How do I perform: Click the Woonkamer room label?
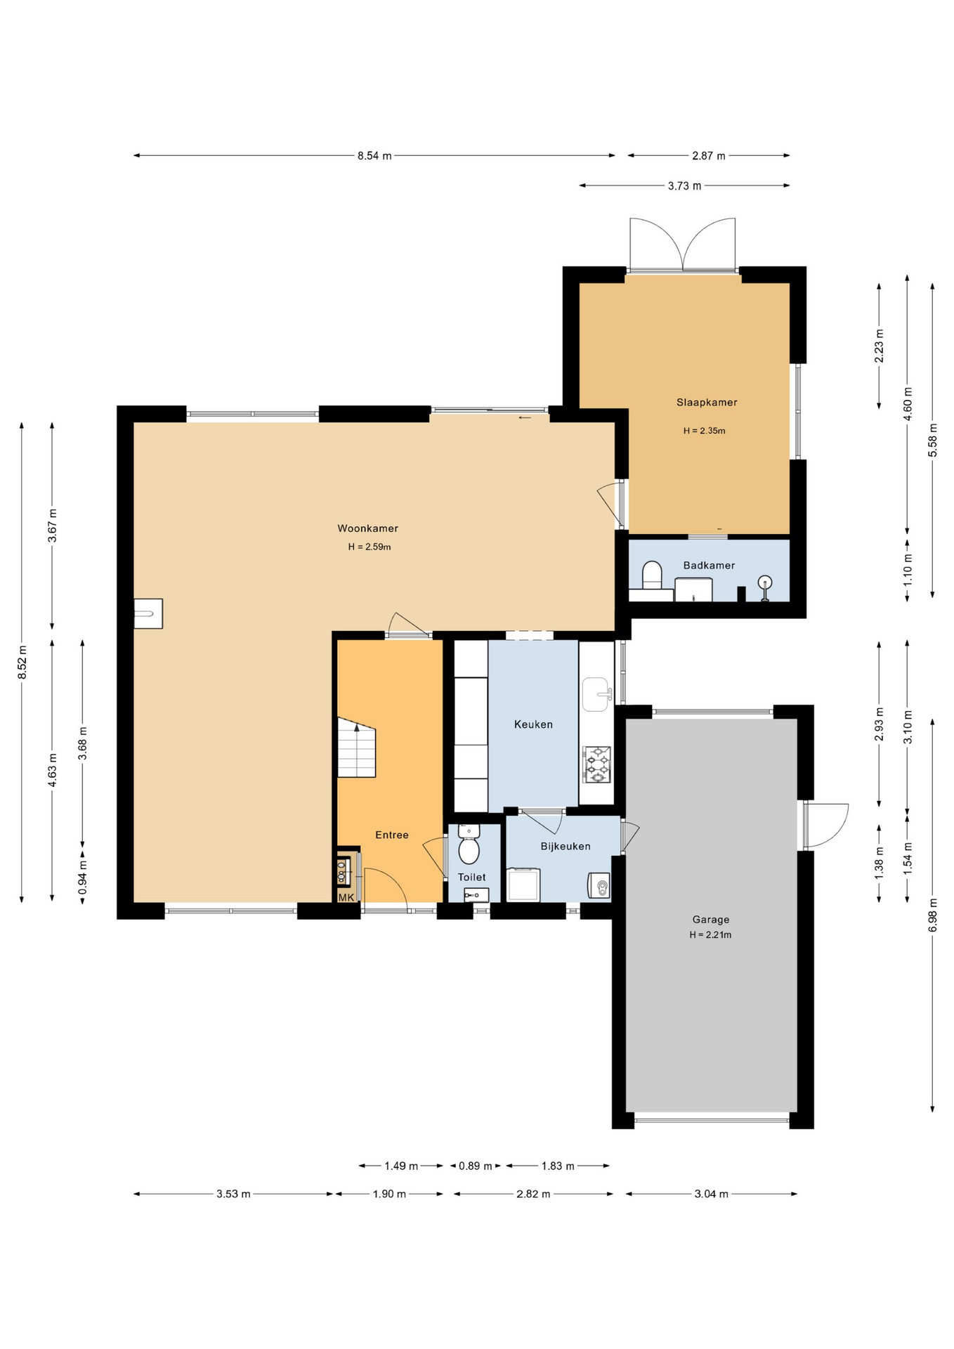tap(367, 528)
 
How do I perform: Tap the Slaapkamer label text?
tap(707, 403)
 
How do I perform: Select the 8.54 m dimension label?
tap(374, 156)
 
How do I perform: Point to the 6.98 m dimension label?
tap(932, 915)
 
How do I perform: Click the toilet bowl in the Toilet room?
tap(469, 844)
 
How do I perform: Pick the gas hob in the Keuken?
tap(596, 764)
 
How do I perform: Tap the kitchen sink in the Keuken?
tap(596, 694)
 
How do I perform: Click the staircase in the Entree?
tap(357, 747)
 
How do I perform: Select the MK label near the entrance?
tap(346, 897)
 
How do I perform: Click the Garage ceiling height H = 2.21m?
tap(710, 935)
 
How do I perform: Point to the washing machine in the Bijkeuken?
tap(523, 885)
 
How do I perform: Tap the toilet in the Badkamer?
tap(652, 575)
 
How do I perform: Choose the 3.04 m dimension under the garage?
tap(711, 1194)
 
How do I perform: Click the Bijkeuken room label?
tap(566, 847)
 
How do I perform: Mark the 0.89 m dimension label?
tap(475, 1166)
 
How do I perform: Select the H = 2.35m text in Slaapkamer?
tap(704, 431)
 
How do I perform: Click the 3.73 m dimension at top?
tap(684, 186)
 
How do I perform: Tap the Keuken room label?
tap(533, 724)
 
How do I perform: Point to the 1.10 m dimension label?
tap(907, 570)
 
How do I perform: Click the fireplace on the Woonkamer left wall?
tap(148, 613)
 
